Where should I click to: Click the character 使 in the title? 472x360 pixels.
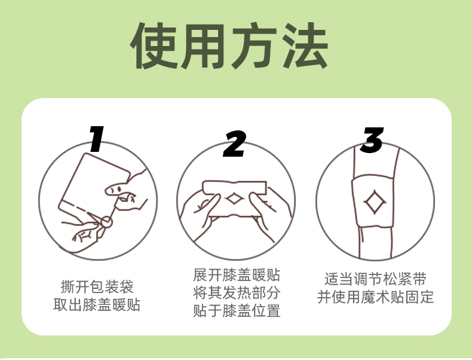[x=153, y=46]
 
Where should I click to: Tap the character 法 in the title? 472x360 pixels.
[x=305, y=46]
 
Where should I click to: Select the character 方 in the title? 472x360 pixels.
[x=255, y=46]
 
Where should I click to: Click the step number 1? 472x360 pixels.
[x=97, y=139]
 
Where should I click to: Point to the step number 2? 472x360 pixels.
[x=234, y=144]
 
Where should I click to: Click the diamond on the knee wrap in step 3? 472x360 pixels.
[x=375, y=202]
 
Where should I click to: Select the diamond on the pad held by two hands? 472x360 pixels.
[x=234, y=199]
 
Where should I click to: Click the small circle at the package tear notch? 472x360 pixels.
[x=106, y=222]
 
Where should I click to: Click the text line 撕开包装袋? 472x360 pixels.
[x=97, y=286]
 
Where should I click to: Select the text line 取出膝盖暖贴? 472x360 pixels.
[x=97, y=304]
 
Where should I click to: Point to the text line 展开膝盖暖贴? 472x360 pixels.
[x=237, y=274]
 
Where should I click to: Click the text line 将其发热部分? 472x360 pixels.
[x=237, y=292]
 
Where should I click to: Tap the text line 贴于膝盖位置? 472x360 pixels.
[x=237, y=310]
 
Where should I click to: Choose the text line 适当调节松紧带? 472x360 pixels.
[x=375, y=279]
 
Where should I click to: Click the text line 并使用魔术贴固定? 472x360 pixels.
[x=375, y=297]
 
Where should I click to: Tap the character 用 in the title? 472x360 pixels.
[x=204, y=46]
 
